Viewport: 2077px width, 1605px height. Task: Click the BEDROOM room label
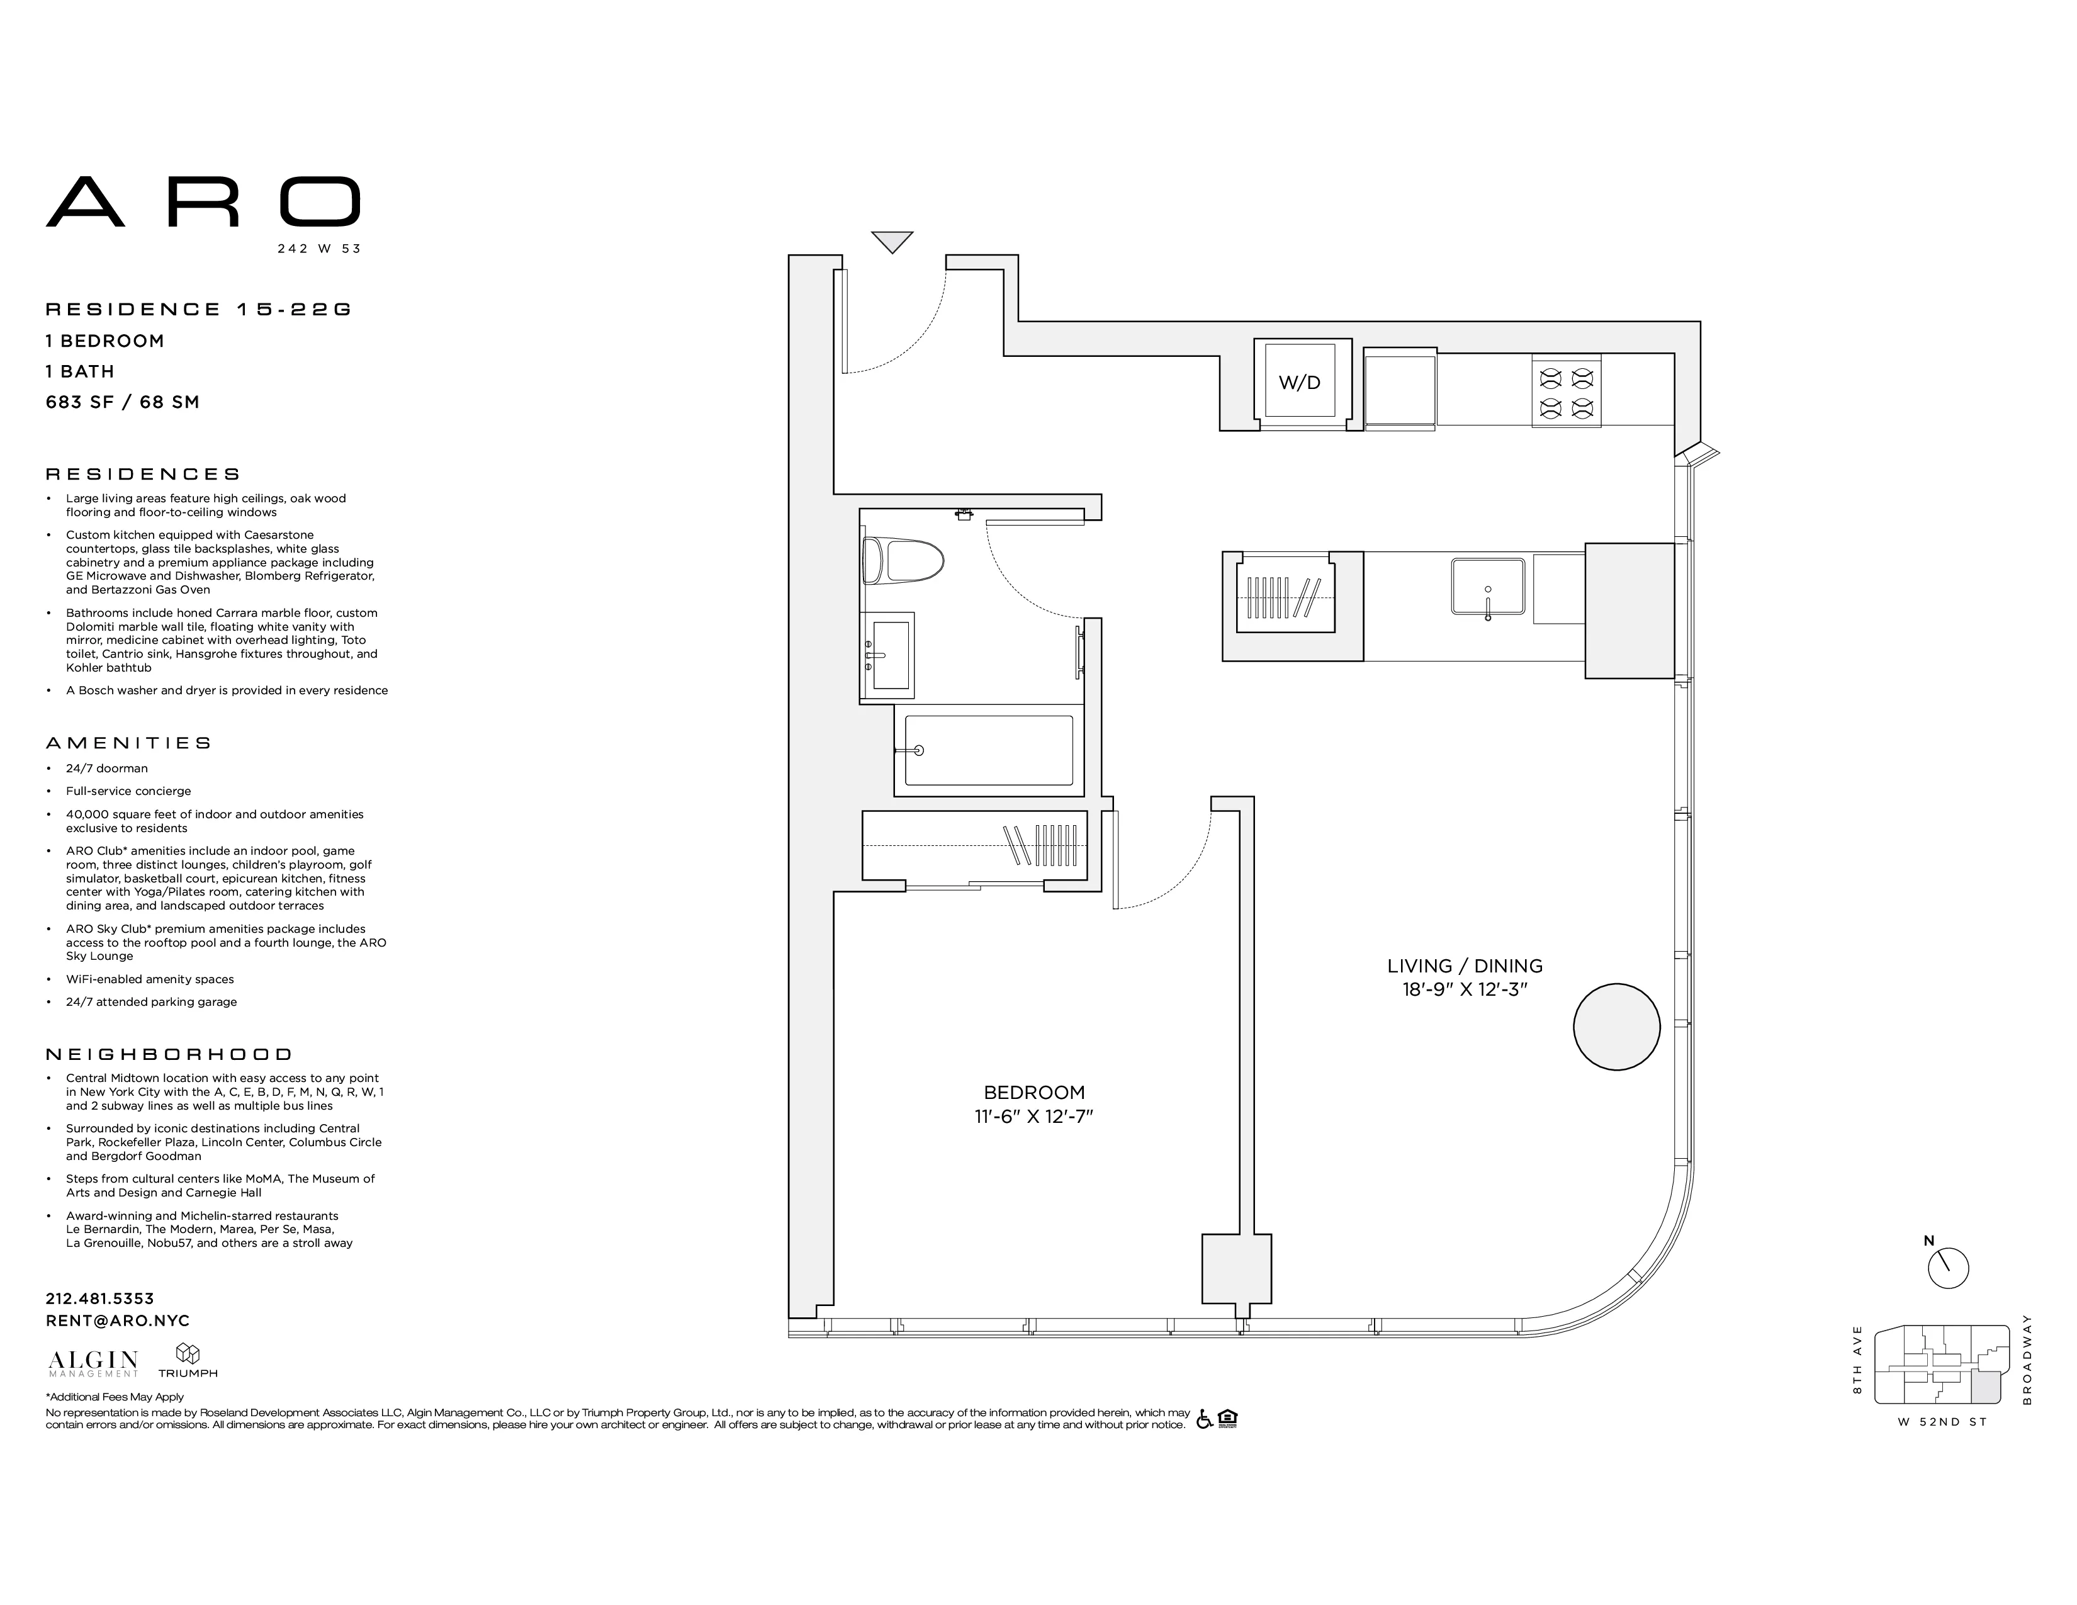[1033, 1093]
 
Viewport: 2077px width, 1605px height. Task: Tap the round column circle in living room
[1617, 1027]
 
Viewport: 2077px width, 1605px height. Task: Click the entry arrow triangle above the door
[892, 242]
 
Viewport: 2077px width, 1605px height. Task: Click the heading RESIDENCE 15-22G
[199, 309]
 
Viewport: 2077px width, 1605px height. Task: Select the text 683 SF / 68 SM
[123, 402]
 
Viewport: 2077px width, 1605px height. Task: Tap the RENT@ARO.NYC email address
[118, 1321]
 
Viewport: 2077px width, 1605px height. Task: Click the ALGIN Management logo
[93, 1363]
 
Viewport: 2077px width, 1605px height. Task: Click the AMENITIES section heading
[128, 743]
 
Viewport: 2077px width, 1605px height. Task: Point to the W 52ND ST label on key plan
[1942, 1422]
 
